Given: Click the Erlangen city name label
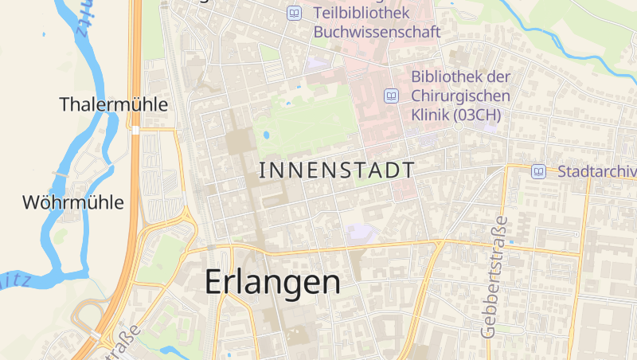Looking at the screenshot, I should tap(272, 282).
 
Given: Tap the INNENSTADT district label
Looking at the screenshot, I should tap(337, 170).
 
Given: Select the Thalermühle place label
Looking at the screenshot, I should tap(114, 104).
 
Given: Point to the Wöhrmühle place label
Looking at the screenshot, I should tap(73, 202).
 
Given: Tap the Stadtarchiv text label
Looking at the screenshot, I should tap(596, 171).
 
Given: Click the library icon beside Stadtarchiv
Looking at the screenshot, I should tap(539, 171).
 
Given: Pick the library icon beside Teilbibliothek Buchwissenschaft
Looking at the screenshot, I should tap(295, 13).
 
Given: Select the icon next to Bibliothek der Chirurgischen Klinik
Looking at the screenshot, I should tap(391, 96).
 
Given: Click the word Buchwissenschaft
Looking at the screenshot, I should tap(377, 33).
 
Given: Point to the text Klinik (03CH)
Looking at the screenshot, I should tap(456, 115).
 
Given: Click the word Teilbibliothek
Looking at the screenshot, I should tap(361, 13).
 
